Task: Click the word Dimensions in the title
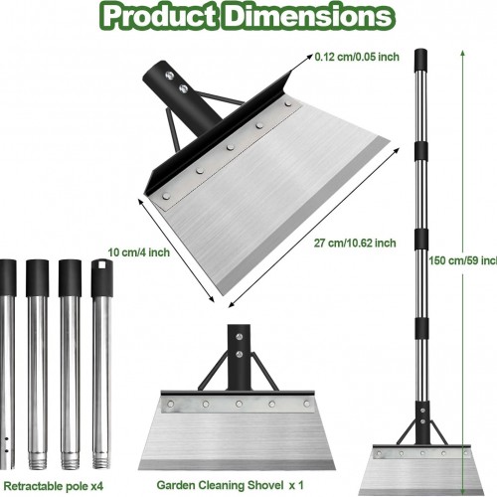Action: [310, 17]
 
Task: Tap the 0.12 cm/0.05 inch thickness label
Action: [357, 57]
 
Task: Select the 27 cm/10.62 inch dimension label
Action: [355, 243]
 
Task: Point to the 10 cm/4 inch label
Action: [138, 252]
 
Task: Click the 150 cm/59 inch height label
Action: [463, 260]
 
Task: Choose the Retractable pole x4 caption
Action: [54, 486]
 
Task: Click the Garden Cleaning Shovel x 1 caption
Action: [230, 485]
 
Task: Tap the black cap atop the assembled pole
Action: [420, 60]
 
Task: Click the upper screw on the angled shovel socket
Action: [170, 76]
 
